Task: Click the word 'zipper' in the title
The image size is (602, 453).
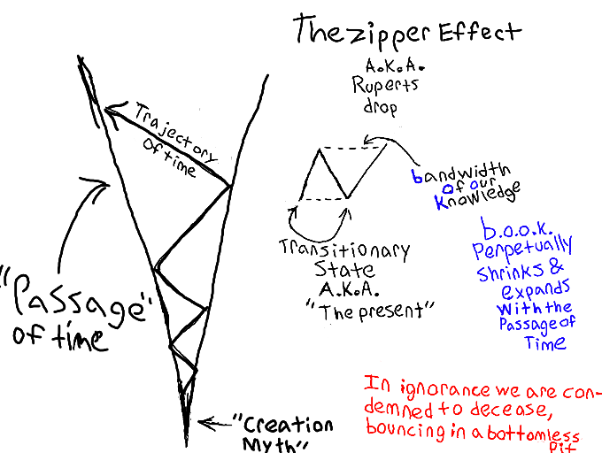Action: tap(381, 34)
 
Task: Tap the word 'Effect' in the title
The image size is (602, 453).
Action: tap(473, 32)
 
